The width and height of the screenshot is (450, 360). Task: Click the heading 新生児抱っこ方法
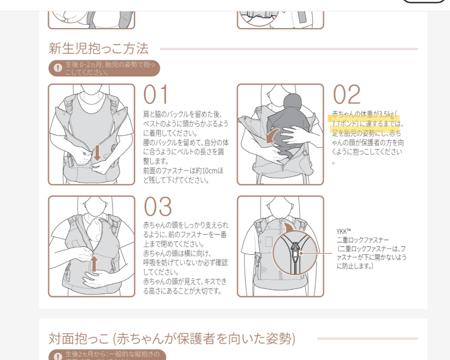tap(98, 48)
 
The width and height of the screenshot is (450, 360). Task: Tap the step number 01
tap(155, 94)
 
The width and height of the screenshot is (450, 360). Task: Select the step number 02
tap(346, 94)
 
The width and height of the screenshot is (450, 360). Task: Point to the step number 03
tap(157, 206)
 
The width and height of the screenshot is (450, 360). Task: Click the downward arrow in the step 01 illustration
tap(97, 153)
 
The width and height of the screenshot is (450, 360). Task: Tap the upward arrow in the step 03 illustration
tap(94, 264)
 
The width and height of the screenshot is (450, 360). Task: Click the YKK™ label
tap(344, 231)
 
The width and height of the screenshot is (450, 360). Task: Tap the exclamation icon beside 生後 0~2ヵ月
tap(58, 68)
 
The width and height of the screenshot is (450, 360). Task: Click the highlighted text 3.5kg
tap(386, 114)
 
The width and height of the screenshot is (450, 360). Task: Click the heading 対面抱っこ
tap(79, 339)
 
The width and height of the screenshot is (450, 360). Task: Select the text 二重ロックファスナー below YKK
tap(363, 240)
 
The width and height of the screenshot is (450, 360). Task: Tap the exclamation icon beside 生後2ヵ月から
tap(58, 356)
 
